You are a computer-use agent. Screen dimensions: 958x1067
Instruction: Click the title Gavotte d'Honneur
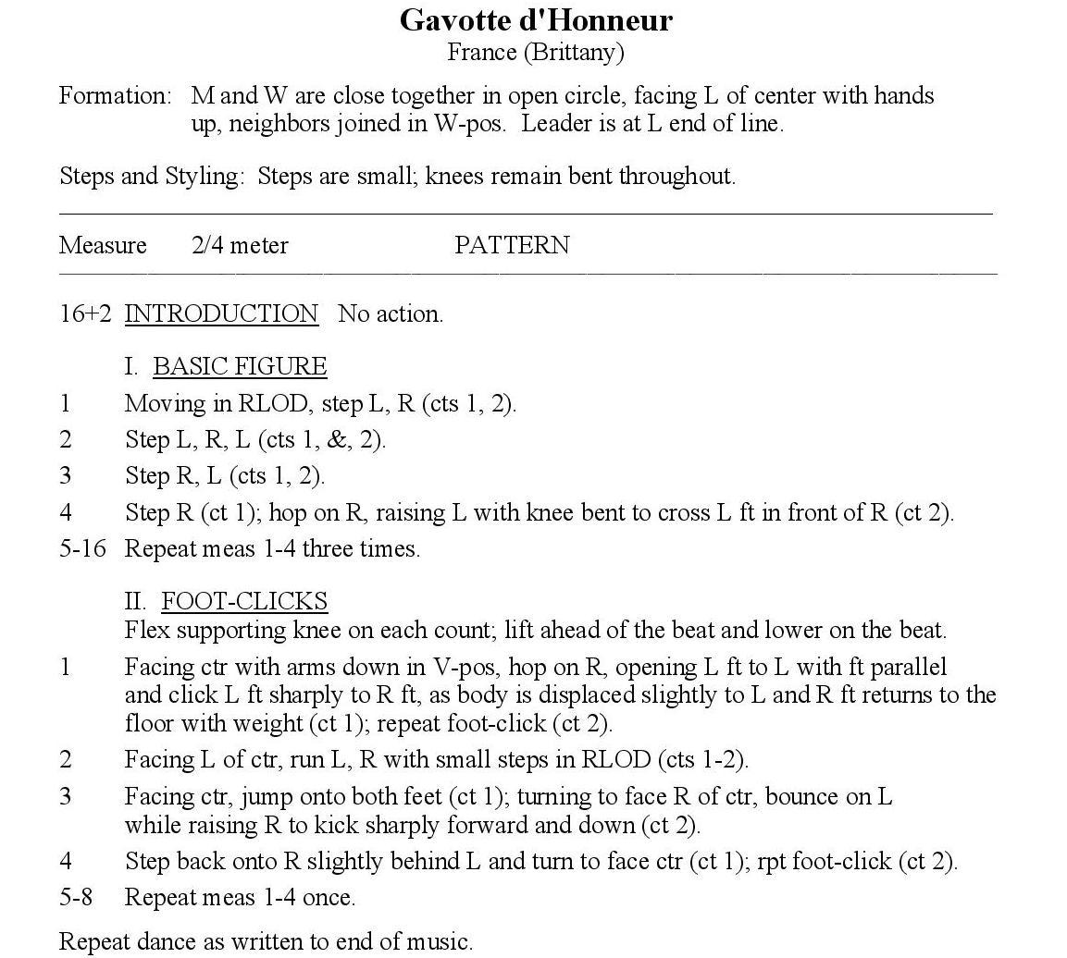[x=536, y=20]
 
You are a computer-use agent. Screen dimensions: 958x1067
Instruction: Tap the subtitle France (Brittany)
[x=536, y=52]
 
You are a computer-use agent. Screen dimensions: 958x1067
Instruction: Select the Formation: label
[x=116, y=96]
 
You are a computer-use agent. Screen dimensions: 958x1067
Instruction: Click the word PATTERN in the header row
[x=512, y=246]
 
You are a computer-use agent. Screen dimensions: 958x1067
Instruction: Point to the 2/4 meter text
[x=240, y=246]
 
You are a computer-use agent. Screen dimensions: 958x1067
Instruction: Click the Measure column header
[x=103, y=246]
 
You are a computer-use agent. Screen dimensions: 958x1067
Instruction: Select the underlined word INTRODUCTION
[x=221, y=314]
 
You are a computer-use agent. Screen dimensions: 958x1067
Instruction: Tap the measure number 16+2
[x=85, y=314]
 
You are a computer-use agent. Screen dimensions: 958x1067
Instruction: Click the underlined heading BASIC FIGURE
[x=240, y=367]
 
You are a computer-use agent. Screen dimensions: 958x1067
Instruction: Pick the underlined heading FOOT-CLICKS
[x=244, y=602]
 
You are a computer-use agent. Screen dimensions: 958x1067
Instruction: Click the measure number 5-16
[x=82, y=549]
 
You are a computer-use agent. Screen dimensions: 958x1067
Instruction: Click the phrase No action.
[x=391, y=314]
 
